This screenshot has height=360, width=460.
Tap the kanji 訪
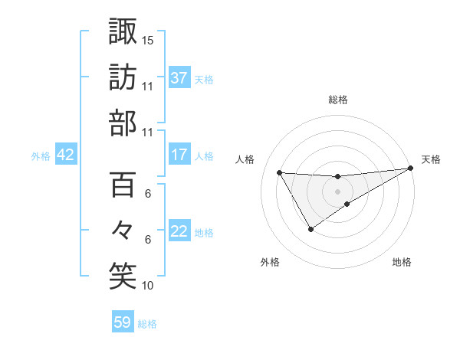(123, 77)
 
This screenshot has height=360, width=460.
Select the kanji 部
(123, 123)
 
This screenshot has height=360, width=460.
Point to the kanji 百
(123, 185)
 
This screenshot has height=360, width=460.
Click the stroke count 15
(148, 40)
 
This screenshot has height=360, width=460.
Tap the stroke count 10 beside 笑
(148, 286)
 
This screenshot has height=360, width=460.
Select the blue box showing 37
(179, 78)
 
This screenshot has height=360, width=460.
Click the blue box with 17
(179, 155)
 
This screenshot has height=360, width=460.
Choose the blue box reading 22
(179, 232)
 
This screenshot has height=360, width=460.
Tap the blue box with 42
(65, 155)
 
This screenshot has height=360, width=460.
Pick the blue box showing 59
(123, 322)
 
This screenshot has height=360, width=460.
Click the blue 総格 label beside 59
(147, 324)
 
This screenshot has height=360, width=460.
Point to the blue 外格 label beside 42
(41, 156)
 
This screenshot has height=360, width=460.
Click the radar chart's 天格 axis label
(431, 159)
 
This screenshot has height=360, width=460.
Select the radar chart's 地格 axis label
(402, 263)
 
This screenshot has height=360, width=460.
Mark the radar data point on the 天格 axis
(411, 169)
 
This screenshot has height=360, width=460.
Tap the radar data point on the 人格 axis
(280, 172)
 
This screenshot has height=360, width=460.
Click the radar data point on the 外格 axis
(310, 229)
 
